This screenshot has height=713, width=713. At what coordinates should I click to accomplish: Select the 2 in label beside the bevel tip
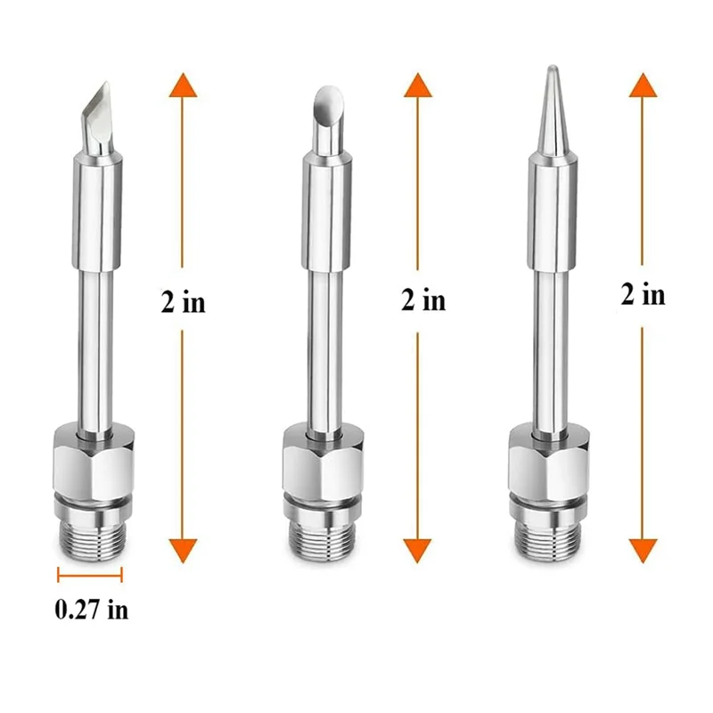(x=423, y=300)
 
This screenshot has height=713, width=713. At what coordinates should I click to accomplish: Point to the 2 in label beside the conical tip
(x=643, y=293)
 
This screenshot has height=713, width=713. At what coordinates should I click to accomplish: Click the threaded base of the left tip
(x=90, y=542)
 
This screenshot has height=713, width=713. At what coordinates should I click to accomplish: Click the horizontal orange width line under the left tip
(x=90, y=574)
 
